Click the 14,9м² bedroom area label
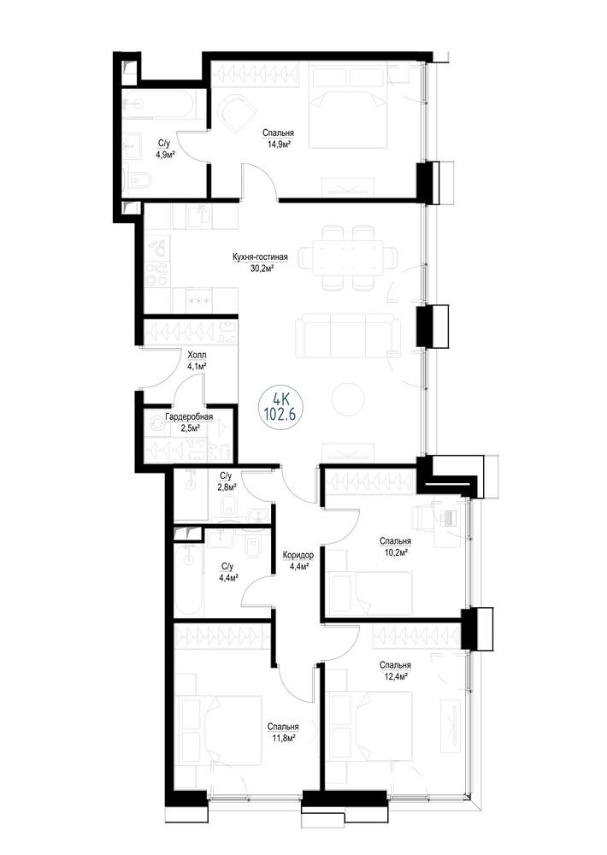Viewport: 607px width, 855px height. point(278,145)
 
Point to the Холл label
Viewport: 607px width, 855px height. point(197,355)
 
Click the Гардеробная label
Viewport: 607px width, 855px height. point(189,417)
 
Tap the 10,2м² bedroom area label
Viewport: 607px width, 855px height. point(395,551)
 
